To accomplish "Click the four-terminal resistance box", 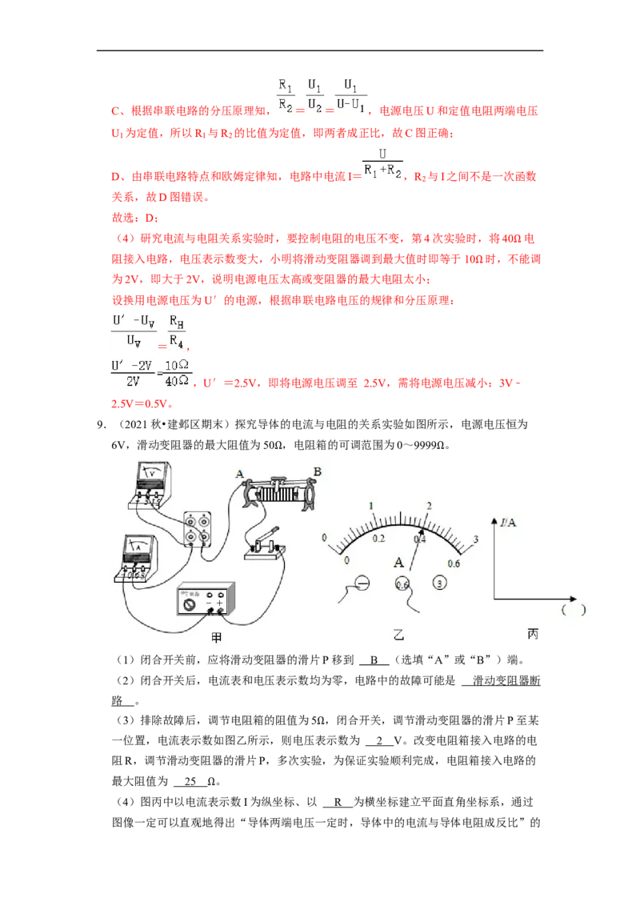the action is point(197,529).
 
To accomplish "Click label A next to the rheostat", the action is point(239,475).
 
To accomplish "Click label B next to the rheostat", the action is point(317,472).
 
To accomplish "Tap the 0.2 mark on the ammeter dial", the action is point(378,539).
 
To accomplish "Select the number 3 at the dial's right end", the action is point(476,539).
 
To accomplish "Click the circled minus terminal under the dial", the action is point(362,583).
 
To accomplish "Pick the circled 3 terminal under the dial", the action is point(439,583).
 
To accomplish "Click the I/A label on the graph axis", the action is point(508,523).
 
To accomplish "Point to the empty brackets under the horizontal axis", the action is point(573,610).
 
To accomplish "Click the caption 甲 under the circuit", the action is point(217,638).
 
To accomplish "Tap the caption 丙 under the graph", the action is point(533,634).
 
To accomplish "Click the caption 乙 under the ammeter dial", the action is point(398,635).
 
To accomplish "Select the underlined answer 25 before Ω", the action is point(190,781).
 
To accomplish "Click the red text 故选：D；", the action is point(135,218).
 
